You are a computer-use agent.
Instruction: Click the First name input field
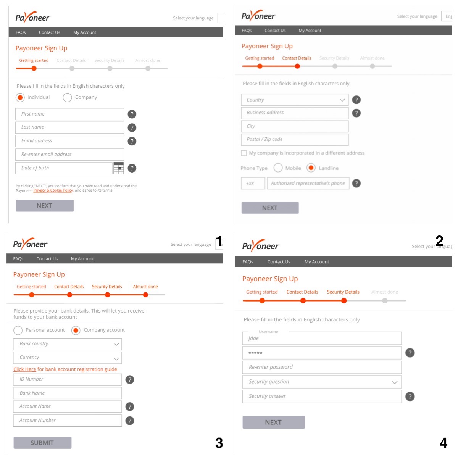point(69,114)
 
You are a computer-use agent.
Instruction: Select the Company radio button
point(67,98)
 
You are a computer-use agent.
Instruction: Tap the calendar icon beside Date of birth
point(119,168)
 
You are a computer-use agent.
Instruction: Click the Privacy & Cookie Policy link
point(53,190)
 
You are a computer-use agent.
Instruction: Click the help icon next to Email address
point(132,141)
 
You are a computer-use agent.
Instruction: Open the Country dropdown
point(295,100)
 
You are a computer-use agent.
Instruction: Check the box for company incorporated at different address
point(244,153)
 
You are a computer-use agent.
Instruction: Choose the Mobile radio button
point(278,168)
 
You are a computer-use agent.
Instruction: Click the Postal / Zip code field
point(295,140)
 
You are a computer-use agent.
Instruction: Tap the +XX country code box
point(253,184)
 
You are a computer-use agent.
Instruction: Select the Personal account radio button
point(18,330)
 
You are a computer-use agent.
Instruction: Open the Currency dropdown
point(68,358)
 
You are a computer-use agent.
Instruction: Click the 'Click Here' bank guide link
point(25,369)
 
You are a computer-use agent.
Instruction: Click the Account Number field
point(68,421)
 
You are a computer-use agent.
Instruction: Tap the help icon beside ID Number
point(130,380)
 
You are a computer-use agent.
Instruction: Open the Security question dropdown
point(322,382)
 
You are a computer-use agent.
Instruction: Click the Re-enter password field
point(322,367)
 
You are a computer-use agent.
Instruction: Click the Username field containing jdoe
point(322,339)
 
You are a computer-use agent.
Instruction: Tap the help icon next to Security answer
point(410,397)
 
